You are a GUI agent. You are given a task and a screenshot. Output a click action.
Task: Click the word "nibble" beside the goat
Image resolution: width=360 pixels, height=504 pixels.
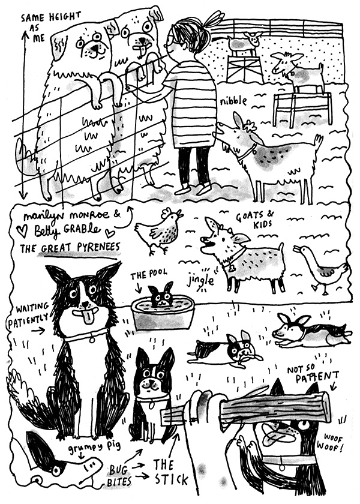pyautogui.click(x=233, y=101)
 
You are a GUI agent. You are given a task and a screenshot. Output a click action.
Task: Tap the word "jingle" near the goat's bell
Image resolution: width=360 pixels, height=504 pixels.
pyautogui.click(x=200, y=280)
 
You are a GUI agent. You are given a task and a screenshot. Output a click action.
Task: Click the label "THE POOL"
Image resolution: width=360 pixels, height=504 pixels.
pyautogui.click(x=149, y=275)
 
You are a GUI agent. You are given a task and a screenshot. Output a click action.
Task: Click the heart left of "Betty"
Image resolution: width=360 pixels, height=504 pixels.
pyautogui.click(x=23, y=232)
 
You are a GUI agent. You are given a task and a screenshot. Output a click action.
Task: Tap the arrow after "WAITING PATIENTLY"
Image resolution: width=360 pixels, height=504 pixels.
pyautogui.click(x=38, y=331)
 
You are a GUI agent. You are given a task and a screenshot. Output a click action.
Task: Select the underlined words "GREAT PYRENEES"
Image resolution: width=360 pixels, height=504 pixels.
pyautogui.click(x=80, y=248)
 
